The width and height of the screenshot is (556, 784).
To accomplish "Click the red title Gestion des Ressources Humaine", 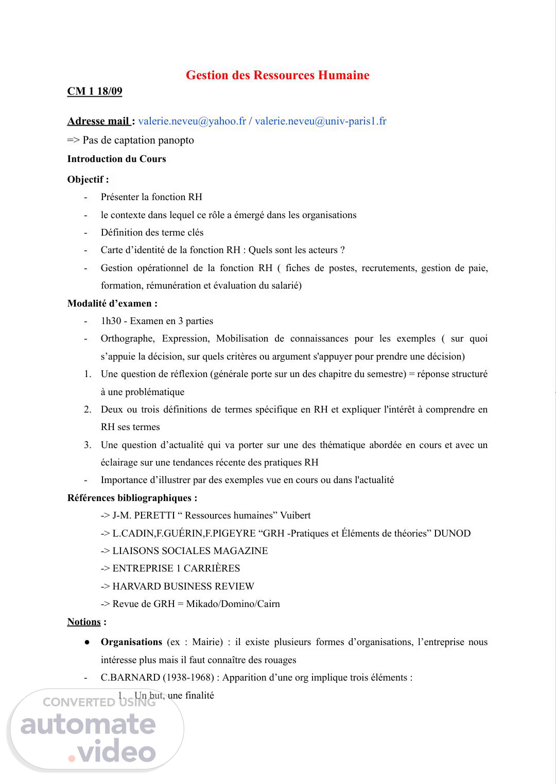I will [277, 75].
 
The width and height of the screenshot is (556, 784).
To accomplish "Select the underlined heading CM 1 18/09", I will [95, 92].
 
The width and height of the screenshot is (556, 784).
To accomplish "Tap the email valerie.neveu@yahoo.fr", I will [192, 121].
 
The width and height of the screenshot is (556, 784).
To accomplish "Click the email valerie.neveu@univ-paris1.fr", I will [320, 121].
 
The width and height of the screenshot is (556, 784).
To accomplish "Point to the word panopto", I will [173, 140].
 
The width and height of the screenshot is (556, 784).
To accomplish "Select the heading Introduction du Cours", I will [116, 159].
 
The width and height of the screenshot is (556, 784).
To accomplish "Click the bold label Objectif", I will [88, 180].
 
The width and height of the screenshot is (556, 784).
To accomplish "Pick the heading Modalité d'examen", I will [112, 304].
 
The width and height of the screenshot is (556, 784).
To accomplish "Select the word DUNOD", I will [452, 533].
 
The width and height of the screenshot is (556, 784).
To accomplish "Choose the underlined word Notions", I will [84, 622].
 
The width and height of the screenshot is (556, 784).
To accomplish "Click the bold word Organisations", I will [131, 642].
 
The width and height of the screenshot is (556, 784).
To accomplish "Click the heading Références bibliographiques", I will [132, 498].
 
